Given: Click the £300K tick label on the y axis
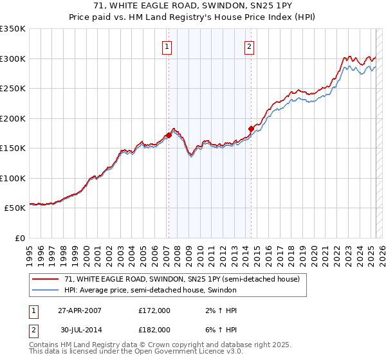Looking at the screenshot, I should click(x=12, y=59).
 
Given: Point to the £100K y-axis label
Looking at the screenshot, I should click(x=12, y=178).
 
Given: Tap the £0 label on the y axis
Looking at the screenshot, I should click(x=19, y=238).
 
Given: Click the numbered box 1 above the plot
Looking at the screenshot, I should click(x=167, y=46).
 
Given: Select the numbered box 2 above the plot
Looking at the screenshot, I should click(x=249, y=46).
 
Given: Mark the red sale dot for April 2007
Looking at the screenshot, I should click(x=169, y=135).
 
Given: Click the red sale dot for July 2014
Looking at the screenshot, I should click(x=251, y=129).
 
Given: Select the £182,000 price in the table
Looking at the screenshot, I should click(x=154, y=329).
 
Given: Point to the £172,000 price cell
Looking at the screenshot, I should click(x=154, y=310).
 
